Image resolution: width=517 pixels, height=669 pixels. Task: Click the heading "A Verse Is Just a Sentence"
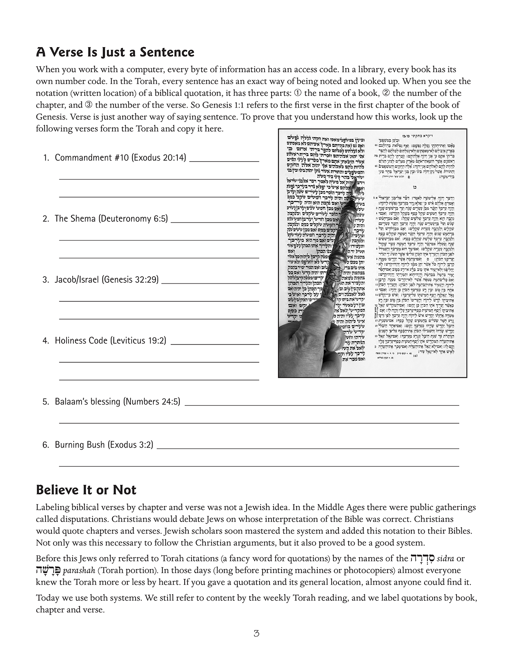[x=115, y=52]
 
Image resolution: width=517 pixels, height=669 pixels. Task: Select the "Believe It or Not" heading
[x=86, y=490]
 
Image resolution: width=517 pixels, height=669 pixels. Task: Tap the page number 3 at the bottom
[x=256, y=633]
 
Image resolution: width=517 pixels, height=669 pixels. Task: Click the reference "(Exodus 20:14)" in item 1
[x=159, y=158]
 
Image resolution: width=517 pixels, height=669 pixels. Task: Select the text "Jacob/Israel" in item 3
[x=77, y=279]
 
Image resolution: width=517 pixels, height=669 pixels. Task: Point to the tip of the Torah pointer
[x=354, y=182]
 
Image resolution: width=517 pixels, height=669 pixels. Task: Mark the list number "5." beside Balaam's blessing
[x=46, y=402]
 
